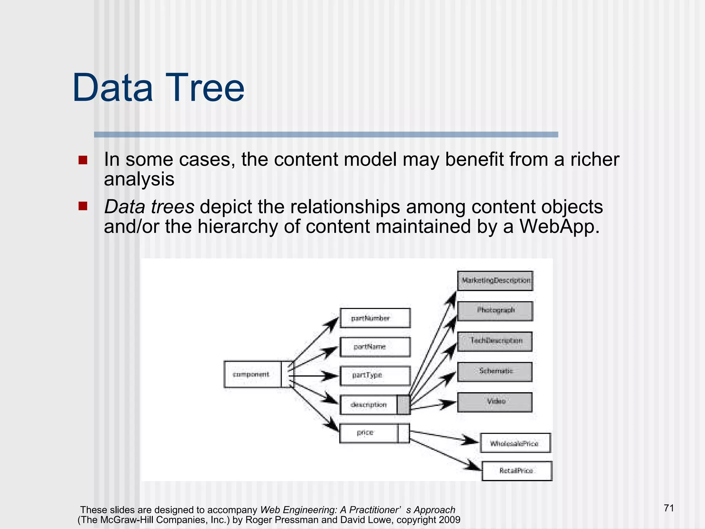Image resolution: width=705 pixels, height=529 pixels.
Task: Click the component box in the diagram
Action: coord(252,374)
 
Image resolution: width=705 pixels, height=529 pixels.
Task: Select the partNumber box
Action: coord(375,318)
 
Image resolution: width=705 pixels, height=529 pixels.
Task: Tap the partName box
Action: coord(375,347)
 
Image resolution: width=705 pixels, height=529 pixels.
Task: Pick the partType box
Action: coord(375,375)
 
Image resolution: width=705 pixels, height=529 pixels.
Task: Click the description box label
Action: coord(369,405)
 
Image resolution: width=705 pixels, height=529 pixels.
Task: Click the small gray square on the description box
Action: coord(403,405)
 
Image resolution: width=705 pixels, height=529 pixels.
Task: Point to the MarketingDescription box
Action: coord(495,281)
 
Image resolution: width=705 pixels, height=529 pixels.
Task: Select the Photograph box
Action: coord(495,311)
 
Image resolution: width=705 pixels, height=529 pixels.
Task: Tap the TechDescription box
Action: coord(495,341)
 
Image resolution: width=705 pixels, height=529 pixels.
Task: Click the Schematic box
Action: coord(495,371)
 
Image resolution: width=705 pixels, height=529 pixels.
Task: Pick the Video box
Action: coord(495,402)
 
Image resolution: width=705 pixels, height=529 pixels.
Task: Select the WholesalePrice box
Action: coord(515,443)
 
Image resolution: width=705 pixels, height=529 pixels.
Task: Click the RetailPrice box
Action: coord(517,471)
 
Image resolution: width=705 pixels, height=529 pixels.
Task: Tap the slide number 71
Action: coord(669,508)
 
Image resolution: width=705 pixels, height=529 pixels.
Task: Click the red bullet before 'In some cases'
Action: coord(83,160)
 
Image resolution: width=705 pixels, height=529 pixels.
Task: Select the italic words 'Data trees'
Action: coord(149,207)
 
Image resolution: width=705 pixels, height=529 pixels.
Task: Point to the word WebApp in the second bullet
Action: coord(559,227)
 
